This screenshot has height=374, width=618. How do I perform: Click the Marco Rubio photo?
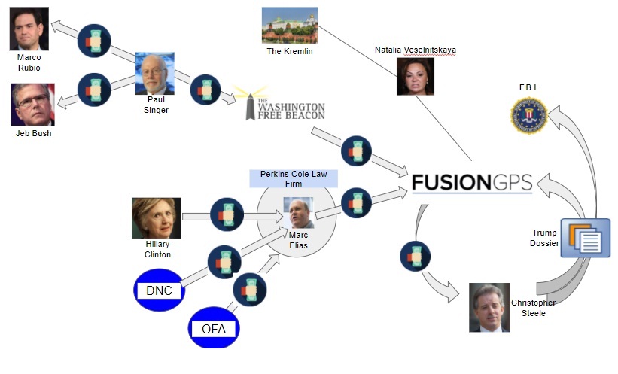click(29, 29)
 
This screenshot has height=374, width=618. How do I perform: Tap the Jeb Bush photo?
click(33, 104)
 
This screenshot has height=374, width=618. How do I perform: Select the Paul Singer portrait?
click(155, 73)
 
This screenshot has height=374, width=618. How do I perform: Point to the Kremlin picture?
click(290, 25)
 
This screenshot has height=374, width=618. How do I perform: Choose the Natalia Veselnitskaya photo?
click(416, 76)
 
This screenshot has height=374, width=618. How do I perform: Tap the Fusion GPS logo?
click(472, 183)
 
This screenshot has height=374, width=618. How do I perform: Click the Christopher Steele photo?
click(489, 307)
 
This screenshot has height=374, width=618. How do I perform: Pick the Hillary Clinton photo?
click(157, 217)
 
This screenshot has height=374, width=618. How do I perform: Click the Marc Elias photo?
click(298, 213)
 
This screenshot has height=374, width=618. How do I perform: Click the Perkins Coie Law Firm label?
click(294, 178)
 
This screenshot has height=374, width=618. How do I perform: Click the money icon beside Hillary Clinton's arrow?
click(227, 215)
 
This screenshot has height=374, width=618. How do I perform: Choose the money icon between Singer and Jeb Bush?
click(94, 90)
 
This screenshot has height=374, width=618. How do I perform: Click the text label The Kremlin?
click(290, 51)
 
